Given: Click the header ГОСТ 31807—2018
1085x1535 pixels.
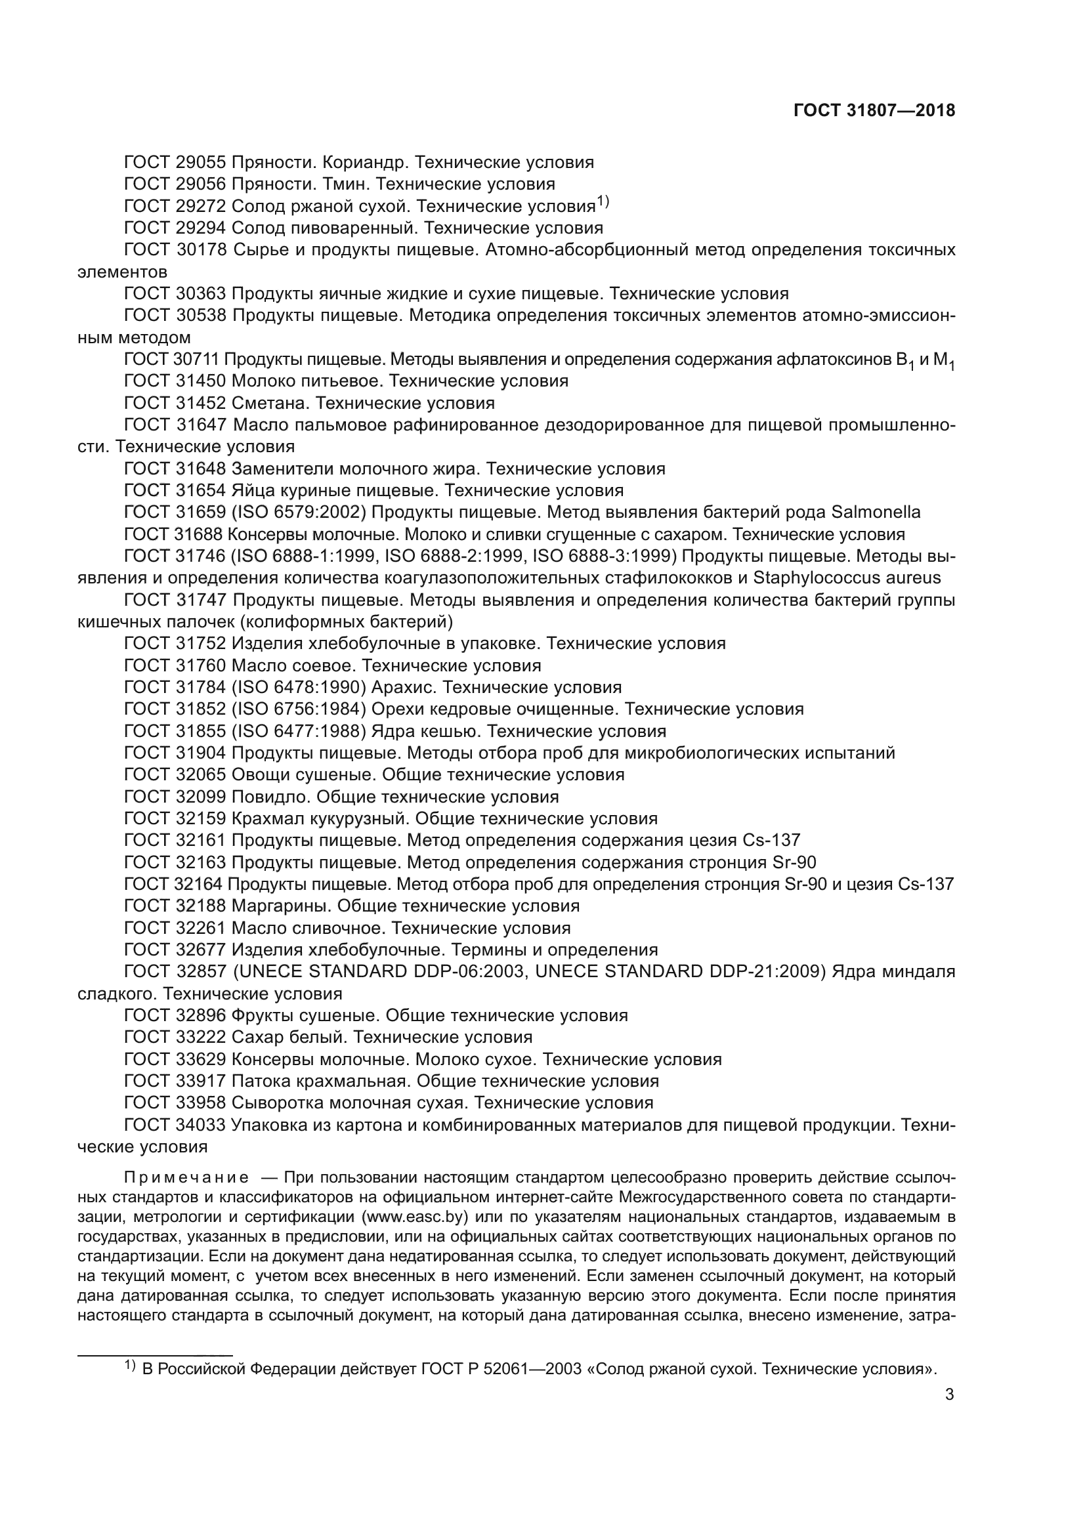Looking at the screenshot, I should (874, 111).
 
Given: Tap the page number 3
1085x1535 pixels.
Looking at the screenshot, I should (949, 1394).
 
